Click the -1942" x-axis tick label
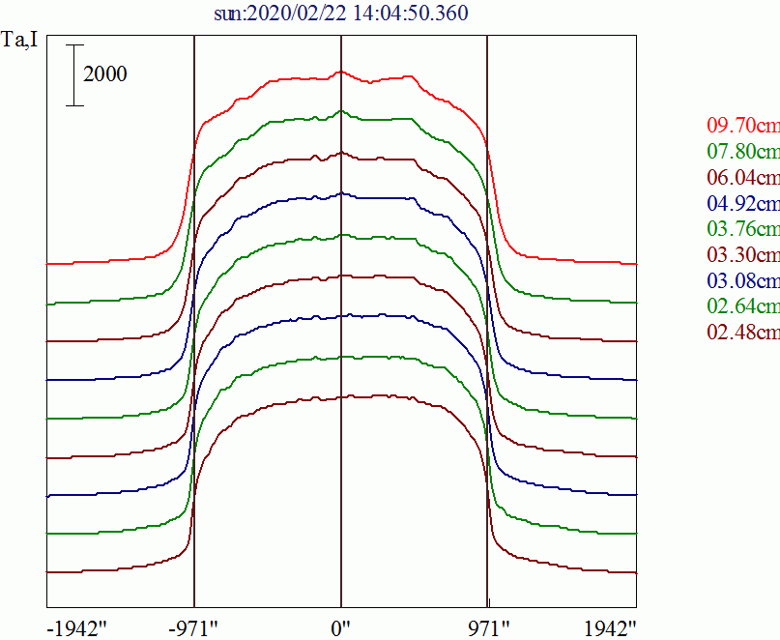(76, 626)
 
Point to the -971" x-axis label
(193, 626)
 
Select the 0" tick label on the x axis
(340, 626)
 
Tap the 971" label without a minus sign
(487, 626)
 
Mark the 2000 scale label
(104, 74)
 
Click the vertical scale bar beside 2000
(74, 74)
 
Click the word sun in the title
(227, 15)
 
